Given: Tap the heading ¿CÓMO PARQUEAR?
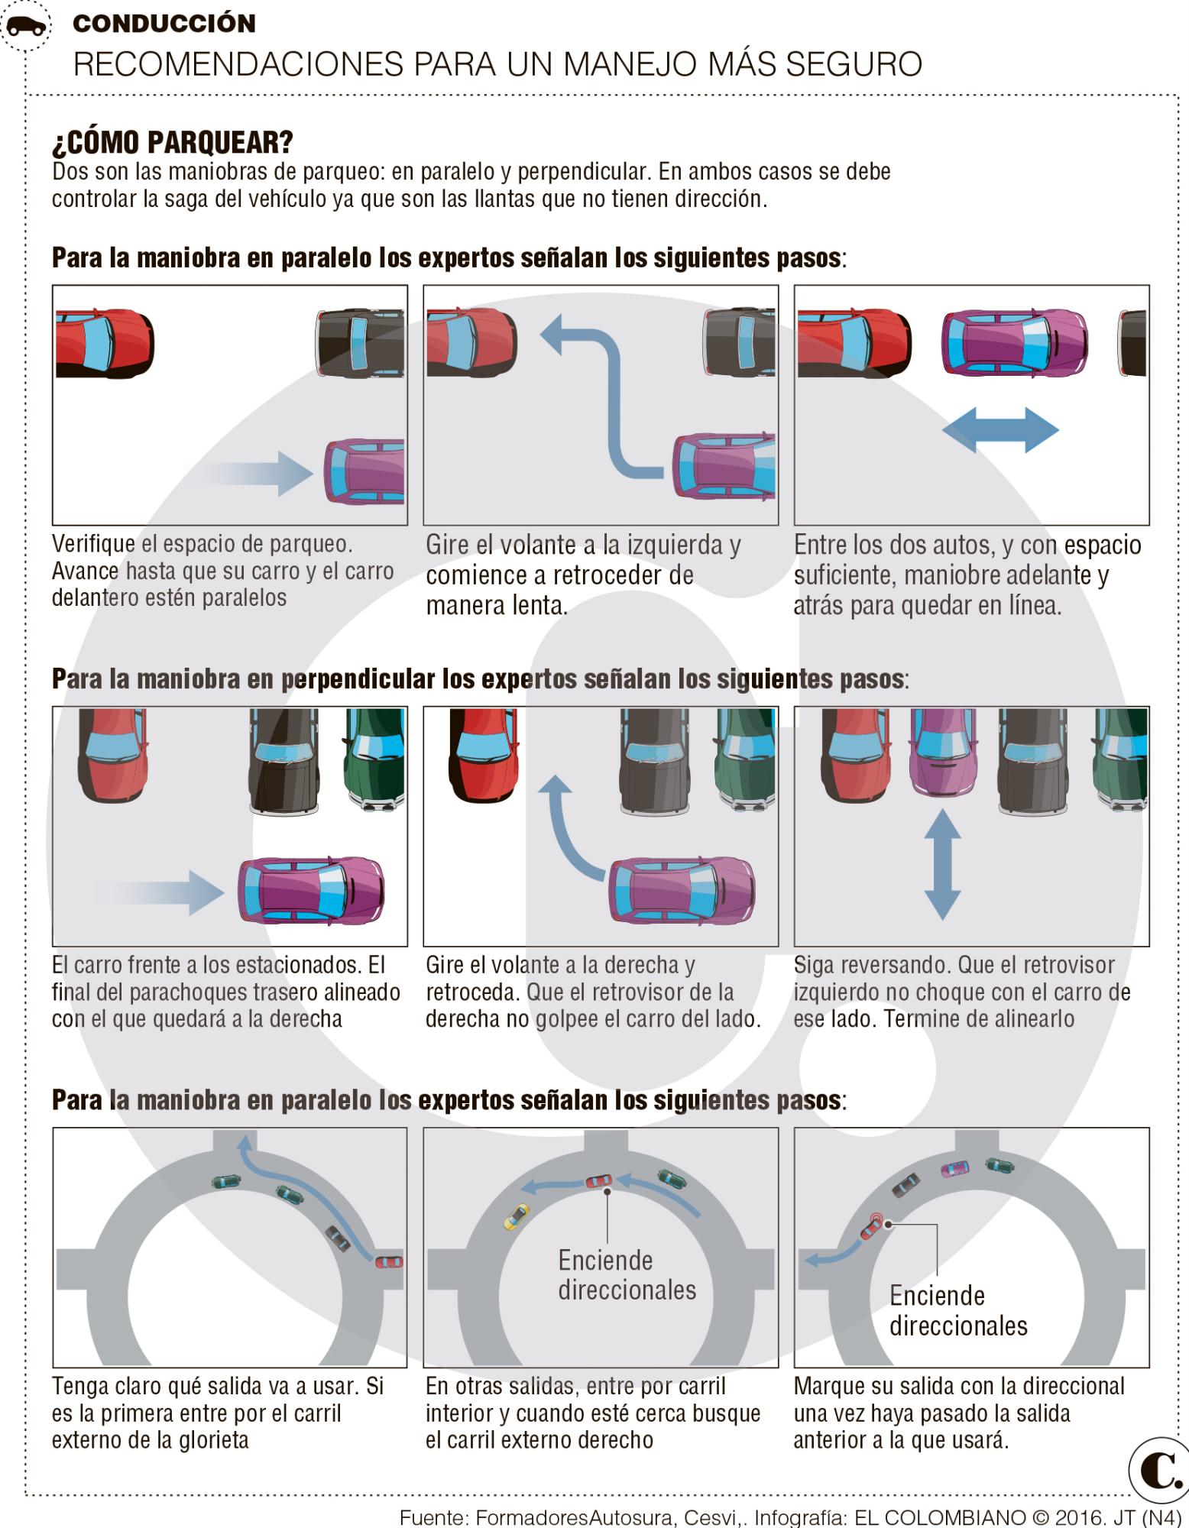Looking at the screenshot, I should (172, 142).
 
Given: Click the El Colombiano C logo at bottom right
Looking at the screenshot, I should (1157, 1471).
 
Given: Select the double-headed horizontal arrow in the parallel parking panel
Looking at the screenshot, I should (1000, 430).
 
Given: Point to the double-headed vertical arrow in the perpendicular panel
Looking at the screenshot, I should (942, 864).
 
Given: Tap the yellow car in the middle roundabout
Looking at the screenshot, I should (517, 1215).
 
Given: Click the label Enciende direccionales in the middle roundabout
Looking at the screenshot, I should (627, 1275).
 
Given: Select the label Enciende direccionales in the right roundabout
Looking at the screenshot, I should (958, 1310).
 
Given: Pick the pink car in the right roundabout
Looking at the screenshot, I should (954, 1167).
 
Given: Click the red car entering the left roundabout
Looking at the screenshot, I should (389, 1261).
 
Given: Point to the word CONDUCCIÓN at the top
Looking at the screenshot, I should (164, 24).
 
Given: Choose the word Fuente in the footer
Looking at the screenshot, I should (433, 1517).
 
